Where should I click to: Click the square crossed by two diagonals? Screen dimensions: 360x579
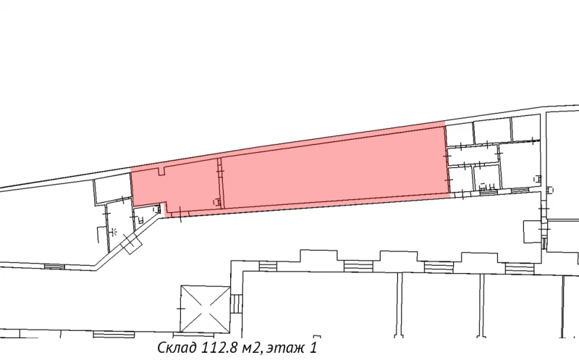[204, 308]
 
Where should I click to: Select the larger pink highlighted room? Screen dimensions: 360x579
[333, 168]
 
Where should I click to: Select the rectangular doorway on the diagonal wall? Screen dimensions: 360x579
[132, 243]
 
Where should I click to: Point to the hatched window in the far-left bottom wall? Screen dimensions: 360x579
[54, 267]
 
